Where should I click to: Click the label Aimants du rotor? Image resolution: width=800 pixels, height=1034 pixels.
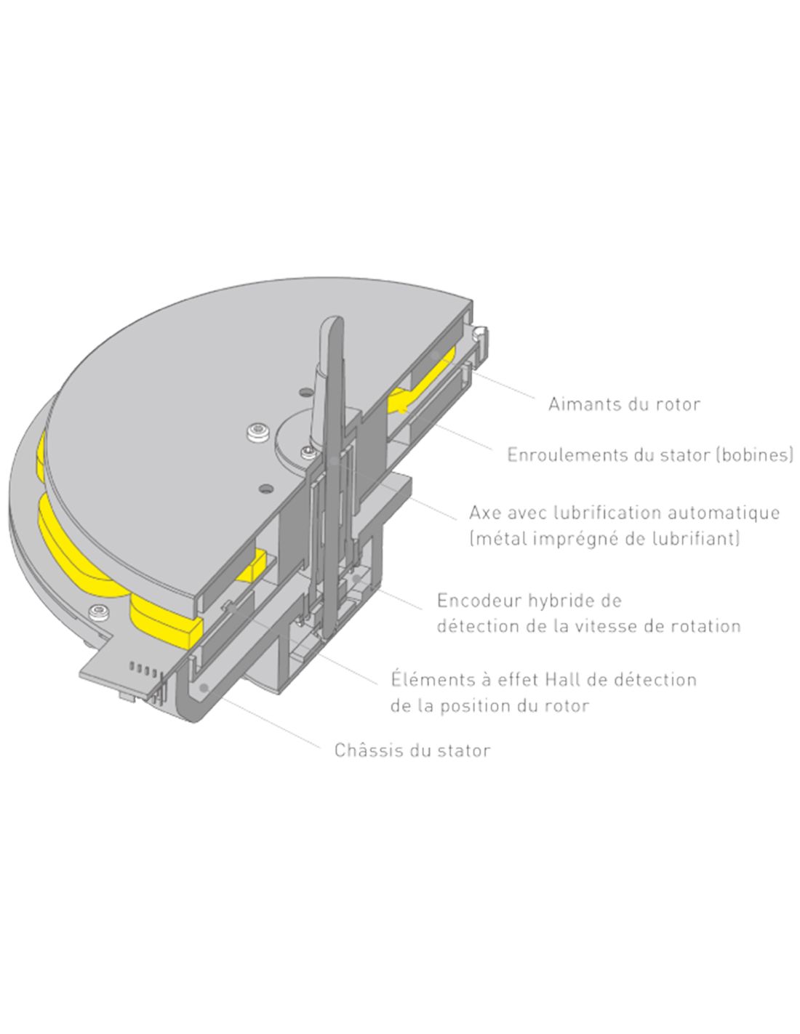pos(624,404)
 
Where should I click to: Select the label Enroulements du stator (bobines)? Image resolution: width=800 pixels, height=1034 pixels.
pos(649,455)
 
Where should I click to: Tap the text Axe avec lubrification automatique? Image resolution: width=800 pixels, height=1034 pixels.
pos(624,513)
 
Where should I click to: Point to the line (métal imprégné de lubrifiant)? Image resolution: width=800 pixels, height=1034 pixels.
pos(604,539)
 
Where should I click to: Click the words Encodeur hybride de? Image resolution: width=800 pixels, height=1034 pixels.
pos(529,601)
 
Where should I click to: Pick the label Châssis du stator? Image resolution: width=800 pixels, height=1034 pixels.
pos(412,750)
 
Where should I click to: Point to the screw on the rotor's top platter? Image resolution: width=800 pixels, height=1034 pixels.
pos(257,433)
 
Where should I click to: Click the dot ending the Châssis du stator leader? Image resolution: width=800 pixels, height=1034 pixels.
pos(205,687)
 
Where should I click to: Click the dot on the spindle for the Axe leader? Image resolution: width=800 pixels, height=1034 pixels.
pos(334,462)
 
